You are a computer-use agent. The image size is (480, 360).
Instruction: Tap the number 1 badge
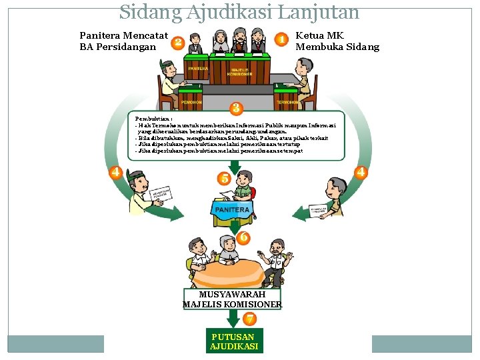pyautogui.click(x=282, y=40)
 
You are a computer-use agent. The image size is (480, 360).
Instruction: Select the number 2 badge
pyautogui.click(x=177, y=43)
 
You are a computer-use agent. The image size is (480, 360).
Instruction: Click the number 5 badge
pyautogui.click(x=225, y=178)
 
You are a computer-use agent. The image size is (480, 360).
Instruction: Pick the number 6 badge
pyautogui.click(x=244, y=237)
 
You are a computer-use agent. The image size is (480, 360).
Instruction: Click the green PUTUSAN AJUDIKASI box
pyautogui.click(x=234, y=341)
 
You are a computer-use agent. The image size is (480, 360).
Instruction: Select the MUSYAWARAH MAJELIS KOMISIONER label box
pyautogui.click(x=232, y=299)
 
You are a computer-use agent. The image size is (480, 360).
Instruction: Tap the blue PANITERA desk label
pyautogui.click(x=232, y=209)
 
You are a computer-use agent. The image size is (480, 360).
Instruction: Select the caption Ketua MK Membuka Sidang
pyautogui.click(x=337, y=41)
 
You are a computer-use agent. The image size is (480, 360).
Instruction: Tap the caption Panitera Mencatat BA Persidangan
pyautogui.click(x=123, y=41)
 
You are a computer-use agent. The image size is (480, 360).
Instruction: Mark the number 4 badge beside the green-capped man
pyautogui.click(x=115, y=172)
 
